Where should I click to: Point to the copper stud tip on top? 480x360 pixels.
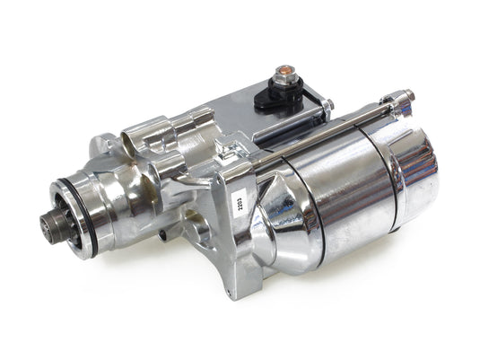click(x=284, y=71)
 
